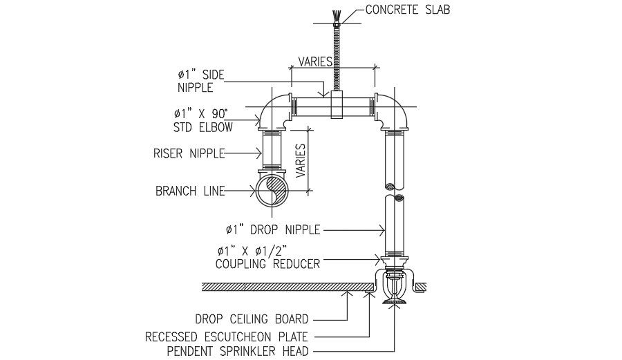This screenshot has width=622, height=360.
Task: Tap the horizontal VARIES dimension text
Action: pyautogui.click(x=315, y=61)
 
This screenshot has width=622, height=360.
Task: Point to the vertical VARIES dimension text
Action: pyautogui.click(x=301, y=160)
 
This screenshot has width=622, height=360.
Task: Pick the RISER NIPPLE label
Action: pyautogui.click(x=189, y=153)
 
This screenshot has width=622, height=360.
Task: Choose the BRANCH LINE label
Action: pyautogui.click(x=189, y=191)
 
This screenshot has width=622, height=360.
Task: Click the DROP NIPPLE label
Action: pyautogui.click(x=272, y=229)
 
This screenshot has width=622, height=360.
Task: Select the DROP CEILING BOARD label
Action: pyautogui.click(x=252, y=319)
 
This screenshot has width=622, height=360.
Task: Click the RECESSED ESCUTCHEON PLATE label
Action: pyautogui.click(x=226, y=337)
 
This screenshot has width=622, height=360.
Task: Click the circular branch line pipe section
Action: pyautogui.click(x=270, y=191)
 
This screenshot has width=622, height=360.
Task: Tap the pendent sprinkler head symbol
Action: pyautogui.click(x=394, y=289)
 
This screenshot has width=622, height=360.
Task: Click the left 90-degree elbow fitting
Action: pyautogui.click(x=274, y=114)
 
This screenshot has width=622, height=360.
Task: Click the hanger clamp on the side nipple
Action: pyautogui.click(x=337, y=106)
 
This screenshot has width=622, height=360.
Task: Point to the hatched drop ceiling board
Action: pyautogui.click(x=290, y=285)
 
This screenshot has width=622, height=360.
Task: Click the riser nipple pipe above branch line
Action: pyautogui.click(x=271, y=150)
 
